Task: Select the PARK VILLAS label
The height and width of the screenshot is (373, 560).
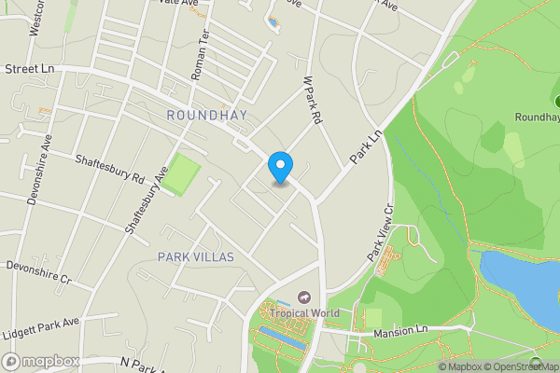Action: [x=195, y=256]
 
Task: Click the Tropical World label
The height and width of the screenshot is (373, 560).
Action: [x=305, y=313]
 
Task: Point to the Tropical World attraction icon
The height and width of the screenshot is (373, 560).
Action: [x=303, y=297]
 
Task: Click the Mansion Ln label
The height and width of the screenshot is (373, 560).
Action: [x=399, y=332]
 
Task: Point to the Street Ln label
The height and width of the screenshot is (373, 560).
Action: [x=27, y=69]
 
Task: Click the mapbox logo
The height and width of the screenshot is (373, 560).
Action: [x=41, y=361]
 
